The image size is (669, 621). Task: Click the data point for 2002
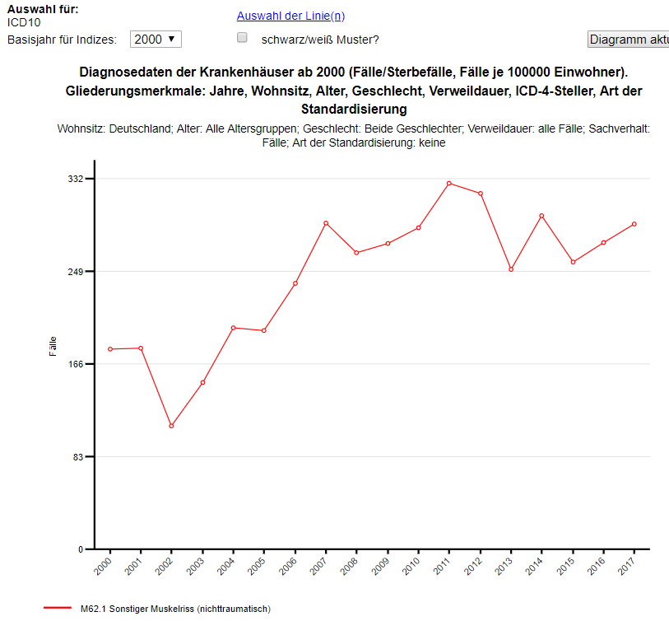(171, 426)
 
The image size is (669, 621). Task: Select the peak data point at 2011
(449, 183)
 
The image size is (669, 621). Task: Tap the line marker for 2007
(326, 223)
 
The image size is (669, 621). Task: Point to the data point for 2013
(511, 269)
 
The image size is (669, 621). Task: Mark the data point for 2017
(634, 224)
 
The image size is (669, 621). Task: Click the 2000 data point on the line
(109, 349)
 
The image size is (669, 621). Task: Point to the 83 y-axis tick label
(78, 456)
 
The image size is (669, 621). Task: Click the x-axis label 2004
(231, 565)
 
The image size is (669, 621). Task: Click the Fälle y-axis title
(53, 346)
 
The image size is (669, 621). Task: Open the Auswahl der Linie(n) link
(290, 16)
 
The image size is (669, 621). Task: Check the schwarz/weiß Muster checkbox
(242, 38)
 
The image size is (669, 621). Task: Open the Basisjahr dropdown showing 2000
(156, 39)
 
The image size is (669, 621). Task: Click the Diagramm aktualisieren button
(628, 40)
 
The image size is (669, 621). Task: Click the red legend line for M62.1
(58, 608)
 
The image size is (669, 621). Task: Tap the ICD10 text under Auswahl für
(24, 22)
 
